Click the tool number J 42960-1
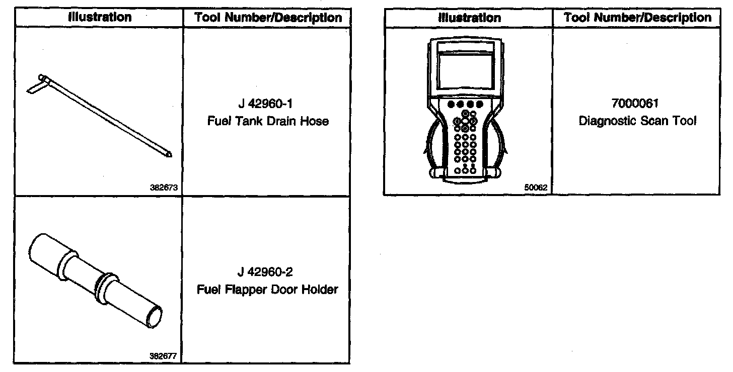(x=267, y=105)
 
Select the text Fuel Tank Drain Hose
(x=267, y=121)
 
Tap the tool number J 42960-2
(x=267, y=273)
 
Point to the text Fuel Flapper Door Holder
(x=267, y=290)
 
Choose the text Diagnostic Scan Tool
(x=637, y=121)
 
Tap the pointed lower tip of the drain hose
(x=169, y=155)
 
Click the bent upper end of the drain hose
(x=38, y=83)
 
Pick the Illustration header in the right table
(x=469, y=18)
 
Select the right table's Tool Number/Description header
(x=637, y=18)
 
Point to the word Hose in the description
(x=316, y=121)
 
